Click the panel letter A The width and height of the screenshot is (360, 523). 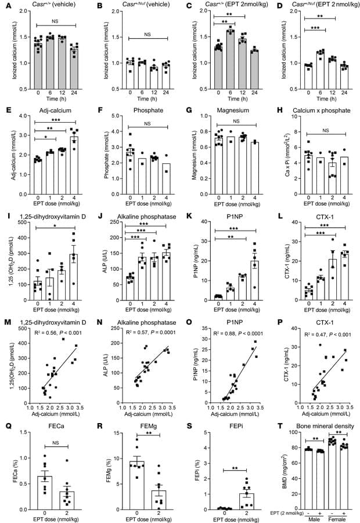(x=5, y=6)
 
